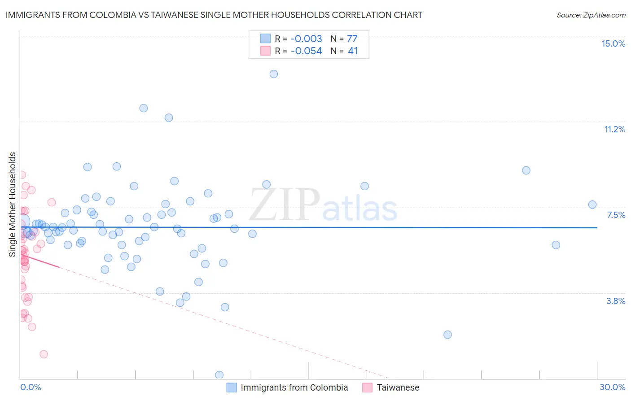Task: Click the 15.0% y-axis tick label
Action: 613,43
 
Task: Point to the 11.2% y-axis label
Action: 614,129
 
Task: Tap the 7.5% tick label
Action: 616,215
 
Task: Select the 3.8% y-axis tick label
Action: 616,301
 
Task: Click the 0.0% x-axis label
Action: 31,387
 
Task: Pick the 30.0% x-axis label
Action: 612,387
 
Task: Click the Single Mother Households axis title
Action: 12,204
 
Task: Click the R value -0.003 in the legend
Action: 306,39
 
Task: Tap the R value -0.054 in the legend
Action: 306,51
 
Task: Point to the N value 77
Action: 352,39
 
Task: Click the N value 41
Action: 353,51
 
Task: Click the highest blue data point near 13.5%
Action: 274,74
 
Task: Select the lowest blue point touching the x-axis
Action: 219,375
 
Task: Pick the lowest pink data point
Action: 44,354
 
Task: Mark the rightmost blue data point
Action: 592,204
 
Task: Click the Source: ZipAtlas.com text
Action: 591,15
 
